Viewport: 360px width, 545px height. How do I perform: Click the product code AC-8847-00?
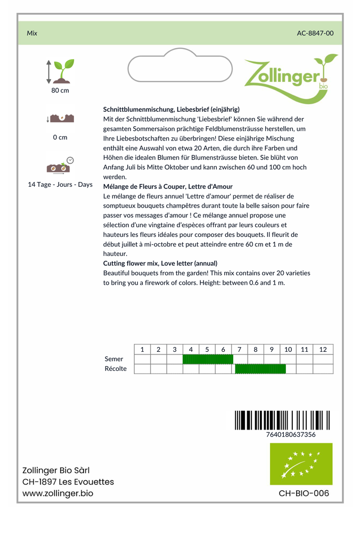click(315, 33)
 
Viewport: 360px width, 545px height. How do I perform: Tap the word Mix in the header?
click(32, 33)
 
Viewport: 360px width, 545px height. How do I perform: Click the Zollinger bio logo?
click(290, 77)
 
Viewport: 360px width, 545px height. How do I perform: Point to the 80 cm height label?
click(60, 90)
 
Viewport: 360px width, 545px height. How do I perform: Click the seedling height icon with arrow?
click(60, 71)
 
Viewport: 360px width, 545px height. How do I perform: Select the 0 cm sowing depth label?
click(60, 137)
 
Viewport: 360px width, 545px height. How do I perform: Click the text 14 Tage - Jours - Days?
click(60, 185)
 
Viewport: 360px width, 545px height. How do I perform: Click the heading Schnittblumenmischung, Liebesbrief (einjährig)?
click(171, 109)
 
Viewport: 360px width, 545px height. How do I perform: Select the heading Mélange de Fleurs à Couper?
click(168, 186)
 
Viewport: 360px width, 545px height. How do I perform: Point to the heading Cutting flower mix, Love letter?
click(160, 263)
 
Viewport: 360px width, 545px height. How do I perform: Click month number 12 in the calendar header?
click(323, 349)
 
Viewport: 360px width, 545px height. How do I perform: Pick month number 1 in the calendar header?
click(142, 349)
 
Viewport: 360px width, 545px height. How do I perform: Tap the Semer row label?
click(114, 359)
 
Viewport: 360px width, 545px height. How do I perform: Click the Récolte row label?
click(116, 369)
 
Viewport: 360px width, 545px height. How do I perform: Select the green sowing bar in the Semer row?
click(208, 359)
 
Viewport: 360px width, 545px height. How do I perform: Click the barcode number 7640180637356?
click(290, 434)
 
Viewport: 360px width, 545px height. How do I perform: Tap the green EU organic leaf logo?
click(301, 464)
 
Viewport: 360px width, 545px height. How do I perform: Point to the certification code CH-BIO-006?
click(304, 493)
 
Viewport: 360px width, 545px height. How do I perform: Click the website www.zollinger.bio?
click(58, 493)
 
